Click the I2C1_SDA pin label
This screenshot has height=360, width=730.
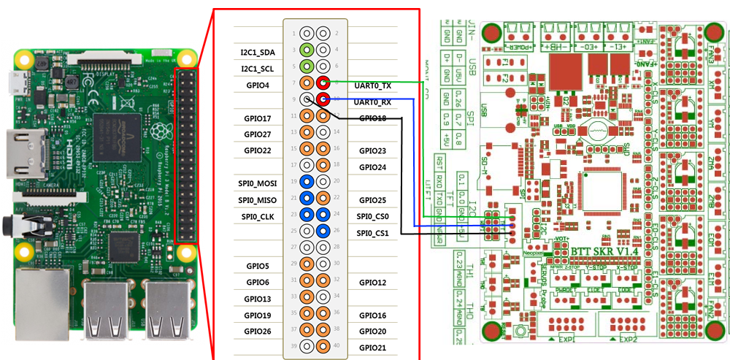[x=258, y=53]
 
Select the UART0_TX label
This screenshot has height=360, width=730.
[x=372, y=85]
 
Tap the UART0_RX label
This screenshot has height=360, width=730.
[x=372, y=102]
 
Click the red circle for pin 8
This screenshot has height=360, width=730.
[x=322, y=84]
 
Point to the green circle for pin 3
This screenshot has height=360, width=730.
[x=307, y=50]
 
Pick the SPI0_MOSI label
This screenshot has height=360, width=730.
[x=256, y=182]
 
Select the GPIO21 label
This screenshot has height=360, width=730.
[x=372, y=348]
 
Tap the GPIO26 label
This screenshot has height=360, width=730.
[x=258, y=331]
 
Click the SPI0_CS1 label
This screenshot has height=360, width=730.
[x=372, y=233]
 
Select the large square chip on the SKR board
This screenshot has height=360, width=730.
[x=603, y=192]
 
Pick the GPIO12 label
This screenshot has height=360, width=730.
[x=372, y=282]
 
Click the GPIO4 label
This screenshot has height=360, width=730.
[x=258, y=85]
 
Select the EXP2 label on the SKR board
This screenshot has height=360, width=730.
[x=629, y=340]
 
